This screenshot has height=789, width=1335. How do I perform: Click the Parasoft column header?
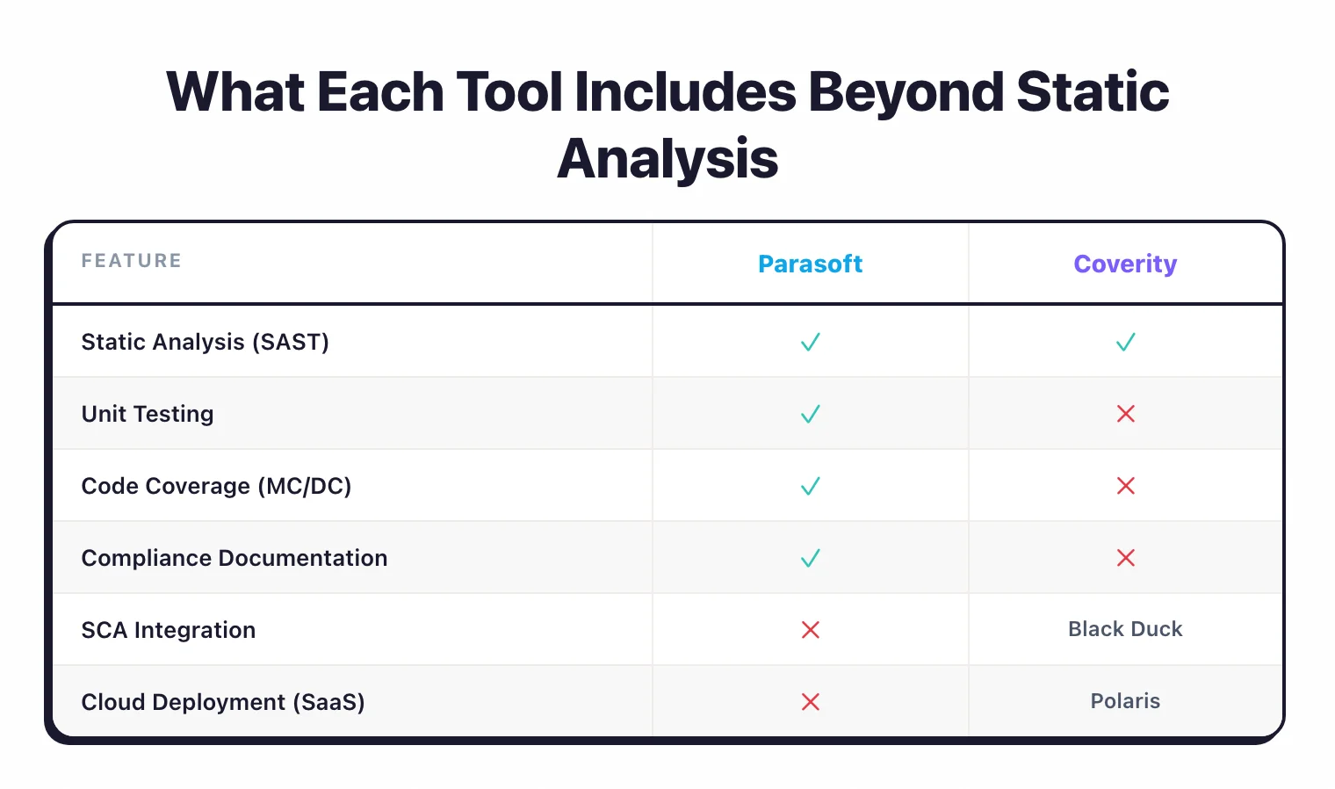(x=810, y=264)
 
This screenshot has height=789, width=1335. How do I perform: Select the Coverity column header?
(x=1125, y=264)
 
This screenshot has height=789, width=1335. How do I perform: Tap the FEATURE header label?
(x=132, y=261)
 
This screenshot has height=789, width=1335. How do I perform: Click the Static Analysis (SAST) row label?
(x=205, y=342)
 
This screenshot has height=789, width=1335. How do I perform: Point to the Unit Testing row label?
(x=148, y=414)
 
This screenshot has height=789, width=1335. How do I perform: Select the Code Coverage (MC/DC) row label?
(x=216, y=486)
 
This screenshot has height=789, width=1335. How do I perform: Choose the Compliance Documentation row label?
(x=235, y=558)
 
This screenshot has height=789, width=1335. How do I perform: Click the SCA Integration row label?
(x=169, y=630)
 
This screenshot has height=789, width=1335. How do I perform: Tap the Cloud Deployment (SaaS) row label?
(x=223, y=702)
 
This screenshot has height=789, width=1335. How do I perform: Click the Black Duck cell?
(x=1125, y=629)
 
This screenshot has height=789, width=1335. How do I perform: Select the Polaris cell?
(x=1125, y=701)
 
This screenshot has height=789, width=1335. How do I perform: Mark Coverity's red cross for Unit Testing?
(x=1125, y=414)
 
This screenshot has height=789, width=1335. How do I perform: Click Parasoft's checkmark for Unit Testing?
(x=810, y=414)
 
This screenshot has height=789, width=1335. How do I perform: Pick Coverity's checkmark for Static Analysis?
(x=1125, y=342)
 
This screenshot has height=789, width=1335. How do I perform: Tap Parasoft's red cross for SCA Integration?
(x=810, y=630)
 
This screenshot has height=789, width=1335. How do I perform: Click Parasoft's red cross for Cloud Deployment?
(x=810, y=702)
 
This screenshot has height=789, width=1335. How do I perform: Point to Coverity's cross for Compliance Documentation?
(x=1125, y=558)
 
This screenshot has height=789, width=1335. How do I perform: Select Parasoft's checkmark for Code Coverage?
(x=810, y=486)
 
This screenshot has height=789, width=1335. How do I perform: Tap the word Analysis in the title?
(x=667, y=159)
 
